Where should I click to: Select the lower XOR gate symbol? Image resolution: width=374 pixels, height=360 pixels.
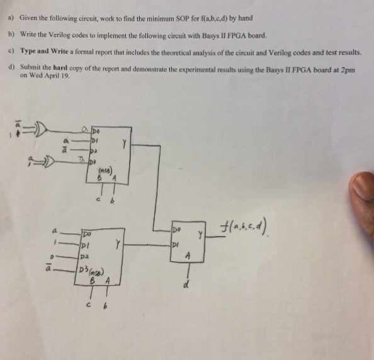[x=46, y=165]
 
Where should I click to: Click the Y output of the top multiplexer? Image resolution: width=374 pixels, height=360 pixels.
[x=125, y=144]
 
